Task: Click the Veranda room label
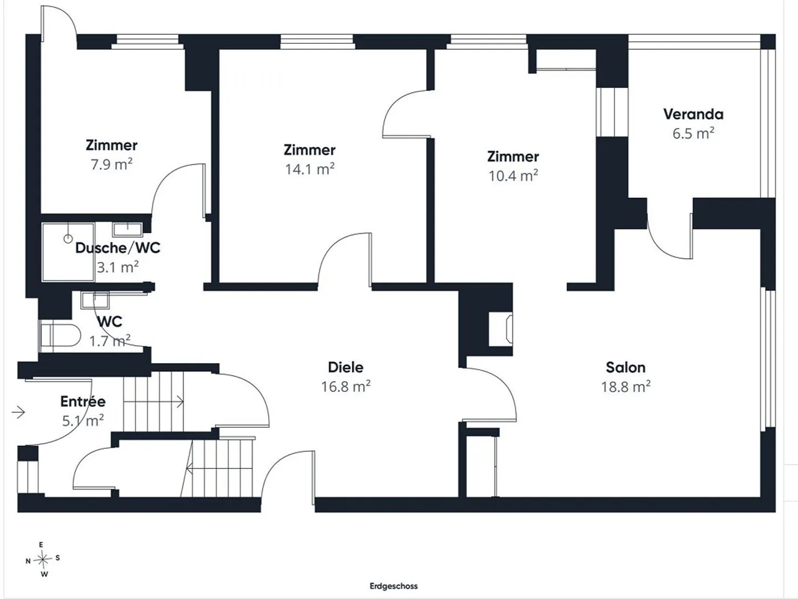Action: coord(693,114)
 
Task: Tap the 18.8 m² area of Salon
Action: coord(626,387)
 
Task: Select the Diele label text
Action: coord(345,367)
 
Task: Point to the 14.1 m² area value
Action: coord(309,169)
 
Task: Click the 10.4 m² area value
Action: coord(513,176)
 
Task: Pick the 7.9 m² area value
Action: coord(111,164)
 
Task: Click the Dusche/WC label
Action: coord(118,248)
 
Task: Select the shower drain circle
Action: coord(68,239)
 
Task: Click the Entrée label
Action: coord(83,401)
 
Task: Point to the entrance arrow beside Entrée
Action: coord(18,412)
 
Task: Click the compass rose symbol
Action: coord(43,560)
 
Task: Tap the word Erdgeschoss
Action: coord(393,586)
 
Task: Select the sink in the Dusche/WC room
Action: coord(127,229)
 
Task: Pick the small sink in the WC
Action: coord(95,300)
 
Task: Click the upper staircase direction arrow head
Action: coord(180,402)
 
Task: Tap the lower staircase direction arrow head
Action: coord(190,468)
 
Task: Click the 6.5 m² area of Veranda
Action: coord(693,134)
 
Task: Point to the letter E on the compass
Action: coord(41,545)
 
